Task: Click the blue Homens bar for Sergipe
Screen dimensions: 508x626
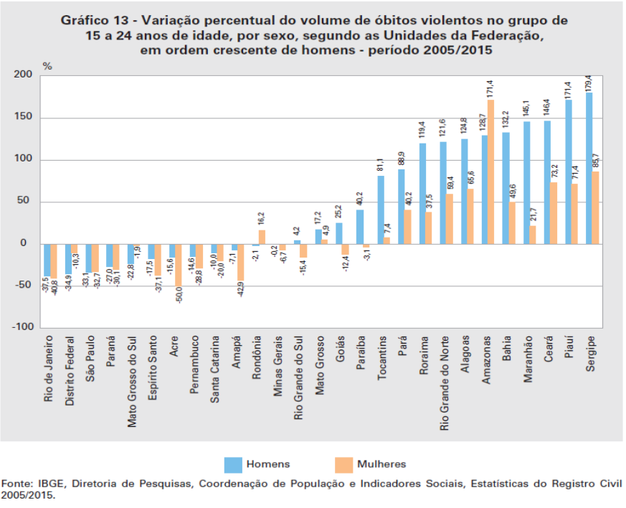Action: pos(589,168)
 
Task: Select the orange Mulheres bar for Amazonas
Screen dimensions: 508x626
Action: pos(491,172)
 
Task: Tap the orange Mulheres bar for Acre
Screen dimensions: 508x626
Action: pos(179,265)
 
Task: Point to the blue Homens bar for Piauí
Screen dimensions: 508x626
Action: pos(569,171)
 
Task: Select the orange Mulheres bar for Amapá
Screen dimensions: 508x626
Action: pos(241,262)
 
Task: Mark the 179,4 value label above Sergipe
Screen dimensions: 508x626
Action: pos(589,83)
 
